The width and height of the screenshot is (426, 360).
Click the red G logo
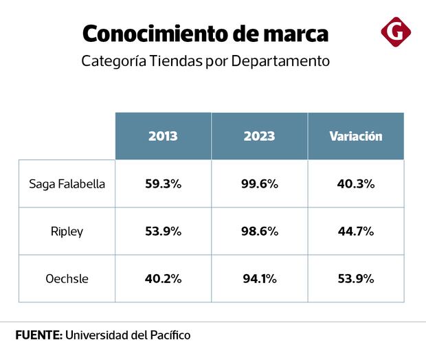(396, 32)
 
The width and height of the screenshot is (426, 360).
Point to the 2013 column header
(163, 136)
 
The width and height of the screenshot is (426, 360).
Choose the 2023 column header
(259, 136)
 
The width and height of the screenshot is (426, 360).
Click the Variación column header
(355, 136)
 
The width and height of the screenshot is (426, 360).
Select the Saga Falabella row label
(67, 183)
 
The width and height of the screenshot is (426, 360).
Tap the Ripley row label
(67, 231)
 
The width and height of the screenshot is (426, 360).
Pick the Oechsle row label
(67, 278)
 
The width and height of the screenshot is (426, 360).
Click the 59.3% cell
(163, 183)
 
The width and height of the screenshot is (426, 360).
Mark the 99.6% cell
(259, 183)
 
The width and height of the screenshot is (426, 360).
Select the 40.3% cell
(355, 183)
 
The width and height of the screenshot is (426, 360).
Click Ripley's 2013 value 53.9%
(163, 231)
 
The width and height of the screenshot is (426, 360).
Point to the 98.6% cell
(259, 231)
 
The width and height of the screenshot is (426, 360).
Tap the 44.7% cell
(355, 231)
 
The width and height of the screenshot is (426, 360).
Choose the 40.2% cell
(163, 278)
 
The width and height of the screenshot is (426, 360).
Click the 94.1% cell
(259, 278)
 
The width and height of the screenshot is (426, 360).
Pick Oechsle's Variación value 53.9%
(355, 278)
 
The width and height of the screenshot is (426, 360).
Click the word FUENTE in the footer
(38, 335)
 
